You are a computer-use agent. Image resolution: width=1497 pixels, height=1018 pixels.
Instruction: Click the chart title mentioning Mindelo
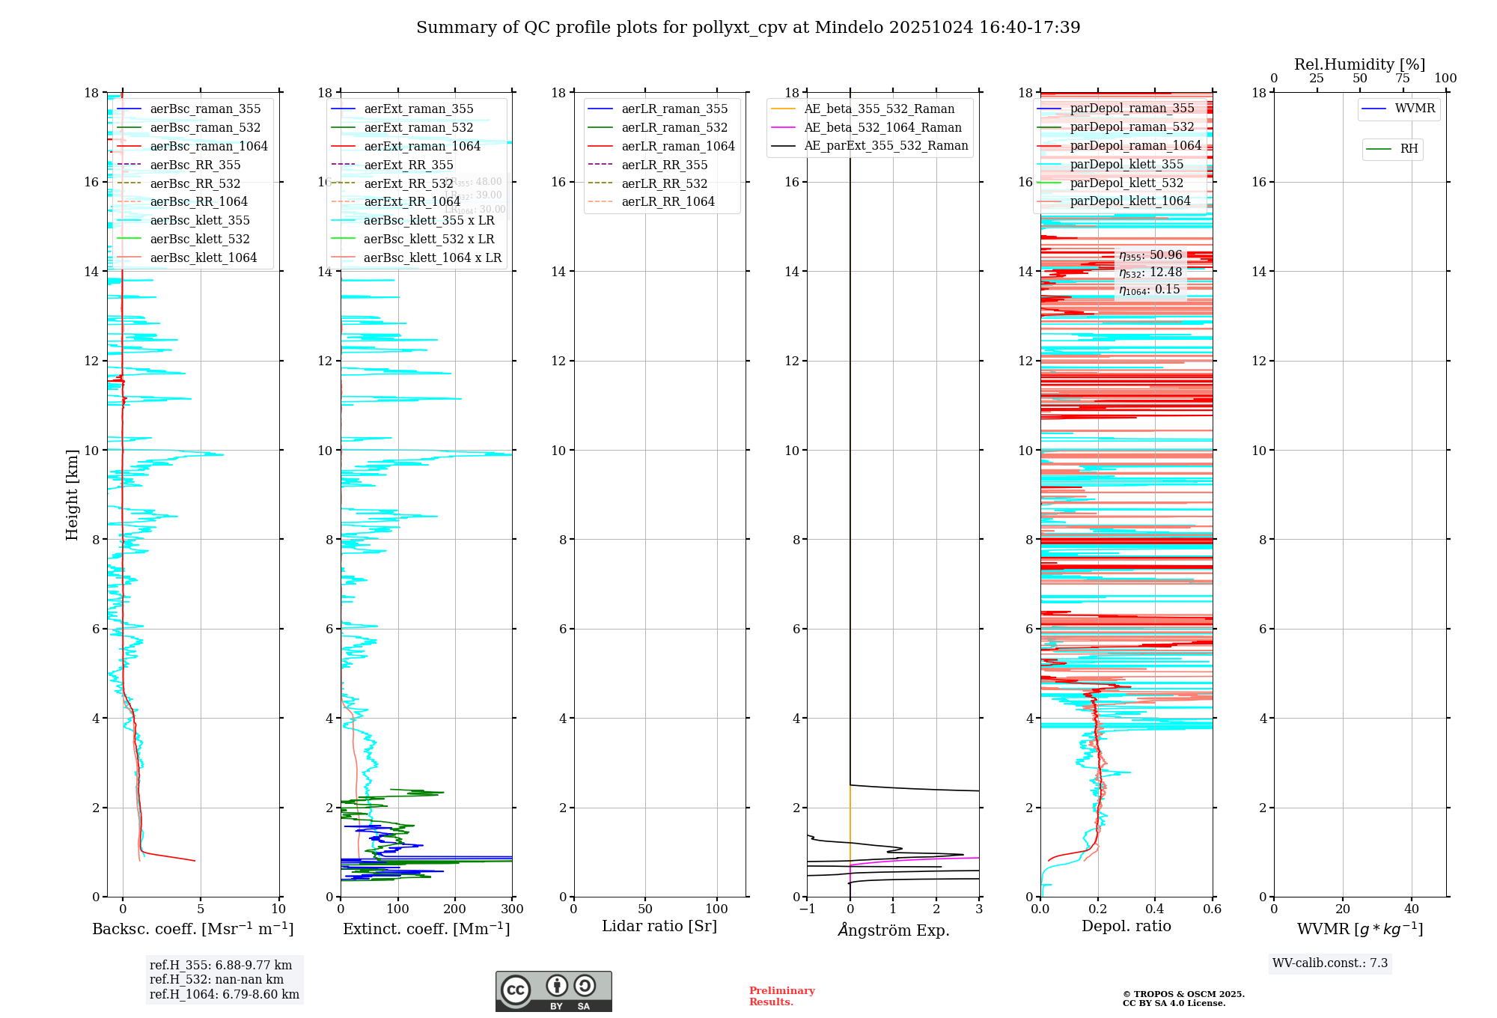click(748, 28)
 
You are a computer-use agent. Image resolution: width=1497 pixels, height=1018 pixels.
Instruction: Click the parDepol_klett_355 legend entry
click(1126, 165)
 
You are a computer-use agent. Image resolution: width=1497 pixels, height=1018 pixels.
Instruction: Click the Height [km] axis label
click(72, 494)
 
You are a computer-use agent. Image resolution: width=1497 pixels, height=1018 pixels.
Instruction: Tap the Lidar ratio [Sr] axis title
click(659, 927)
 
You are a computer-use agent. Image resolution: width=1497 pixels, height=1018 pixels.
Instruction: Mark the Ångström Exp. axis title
click(893, 930)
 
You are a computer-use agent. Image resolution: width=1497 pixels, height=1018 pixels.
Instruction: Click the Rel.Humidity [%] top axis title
click(1359, 64)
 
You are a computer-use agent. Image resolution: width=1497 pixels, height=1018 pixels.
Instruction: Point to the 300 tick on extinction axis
click(513, 909)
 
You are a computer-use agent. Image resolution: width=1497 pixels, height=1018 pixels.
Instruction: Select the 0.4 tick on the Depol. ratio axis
click(1155, 909)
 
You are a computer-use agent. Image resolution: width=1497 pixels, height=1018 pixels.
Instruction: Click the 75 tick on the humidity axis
click(1403, 79)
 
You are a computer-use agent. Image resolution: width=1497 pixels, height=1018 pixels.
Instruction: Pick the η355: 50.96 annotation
click(1150, 255)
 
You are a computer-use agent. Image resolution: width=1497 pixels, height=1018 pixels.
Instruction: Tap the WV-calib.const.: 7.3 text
click(1330, 963)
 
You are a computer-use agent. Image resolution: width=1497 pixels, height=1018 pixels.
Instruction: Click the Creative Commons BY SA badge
click(553, 992)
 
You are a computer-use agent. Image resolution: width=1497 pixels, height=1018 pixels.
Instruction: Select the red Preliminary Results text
click(781, 996)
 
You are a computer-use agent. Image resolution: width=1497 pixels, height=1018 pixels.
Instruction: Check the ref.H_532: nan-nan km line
click(216, 980)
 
